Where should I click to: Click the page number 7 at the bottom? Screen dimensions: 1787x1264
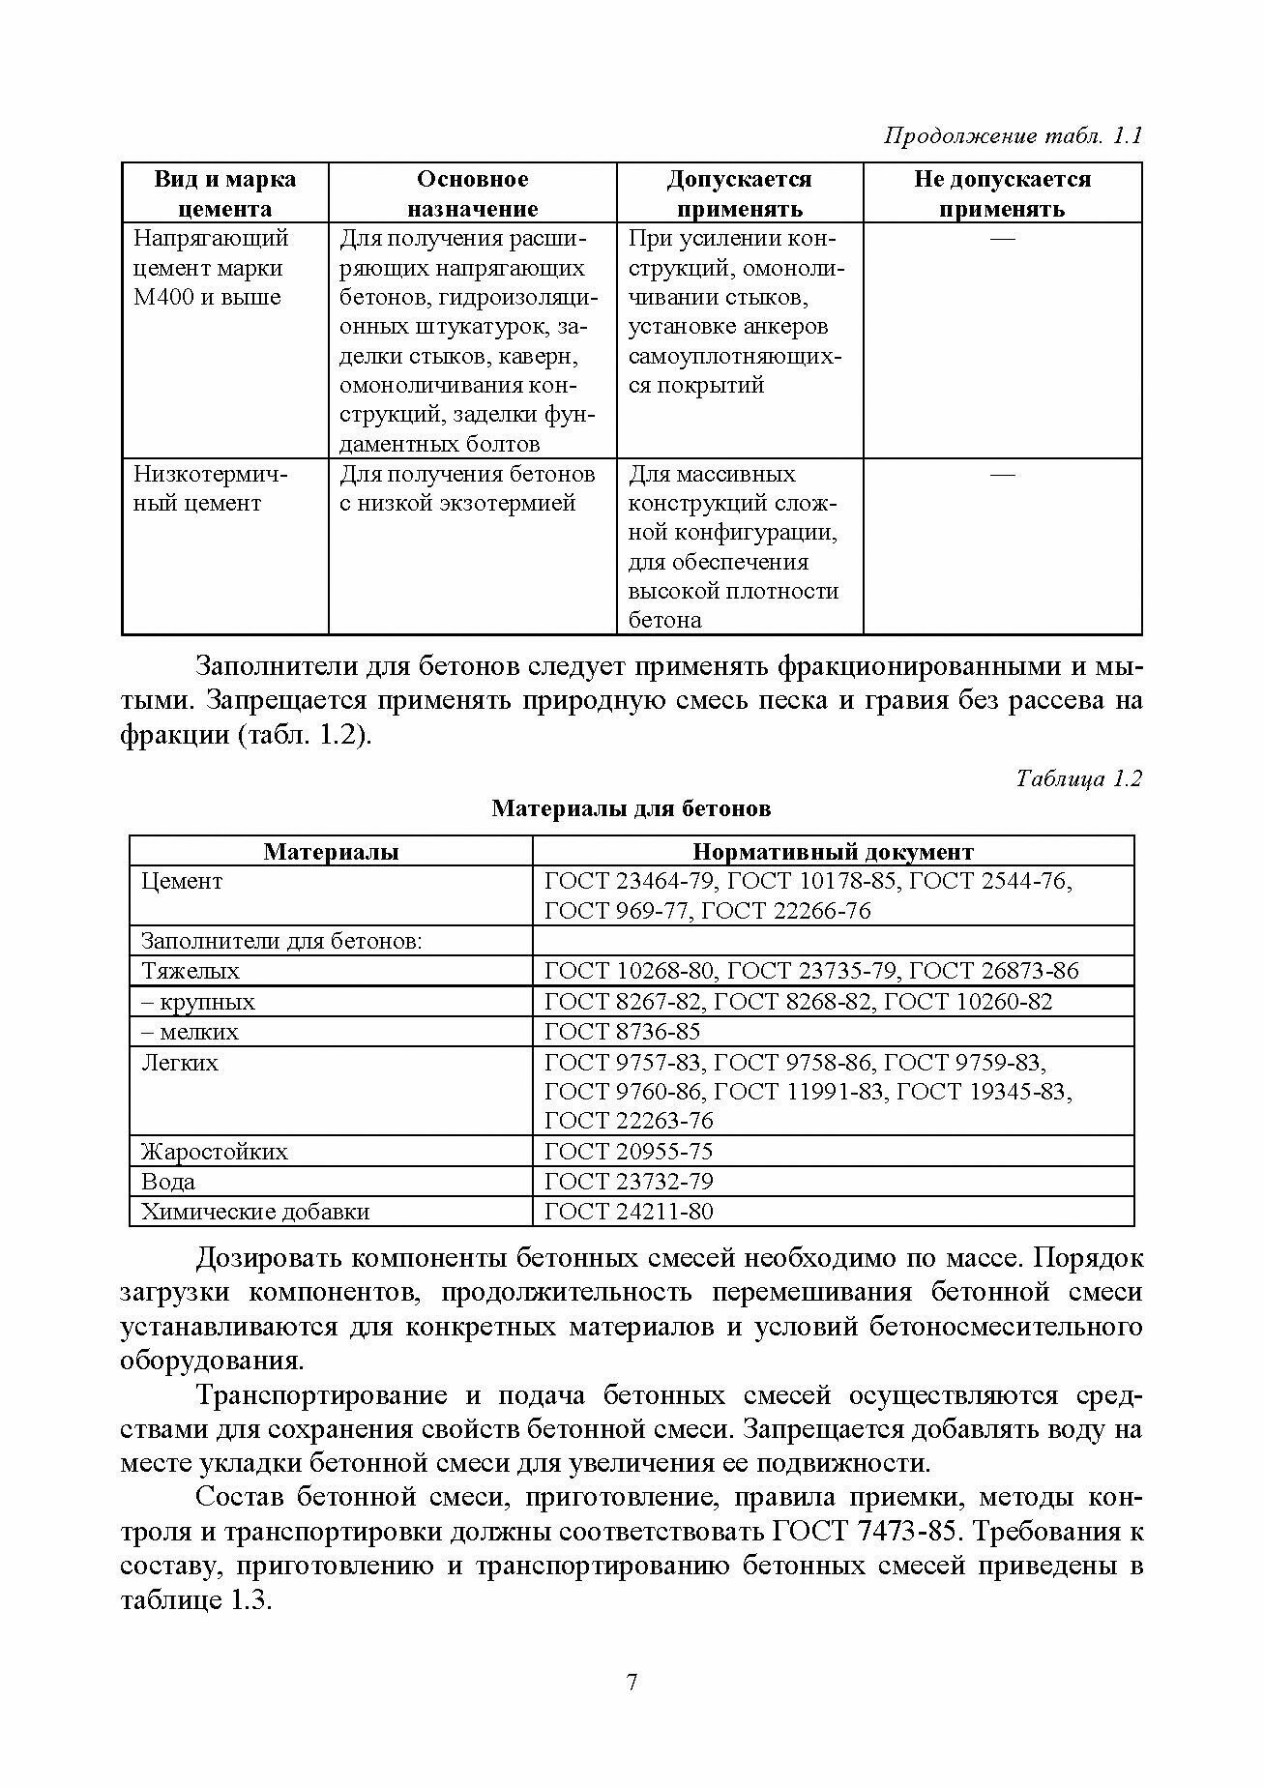632,1683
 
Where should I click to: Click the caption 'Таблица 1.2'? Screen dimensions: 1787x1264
1079,778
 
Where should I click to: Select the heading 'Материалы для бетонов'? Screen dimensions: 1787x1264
631,808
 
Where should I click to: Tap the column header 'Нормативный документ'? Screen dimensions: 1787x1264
833,852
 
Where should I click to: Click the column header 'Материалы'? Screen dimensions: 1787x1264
331,852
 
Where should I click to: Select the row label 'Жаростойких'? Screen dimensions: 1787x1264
214,1151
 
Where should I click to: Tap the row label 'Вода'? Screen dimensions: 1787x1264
168,1181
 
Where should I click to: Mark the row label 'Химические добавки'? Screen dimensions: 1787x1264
255,1211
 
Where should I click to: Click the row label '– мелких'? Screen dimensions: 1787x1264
190,1032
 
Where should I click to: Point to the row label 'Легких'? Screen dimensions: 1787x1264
180,1063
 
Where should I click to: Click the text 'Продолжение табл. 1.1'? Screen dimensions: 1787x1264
1014,135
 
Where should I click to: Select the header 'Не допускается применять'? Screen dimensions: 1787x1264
1002,193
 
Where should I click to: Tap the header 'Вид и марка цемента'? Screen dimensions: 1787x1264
225,193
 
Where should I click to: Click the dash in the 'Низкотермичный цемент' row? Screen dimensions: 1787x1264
1003,474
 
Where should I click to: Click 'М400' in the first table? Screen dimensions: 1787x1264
163,297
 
